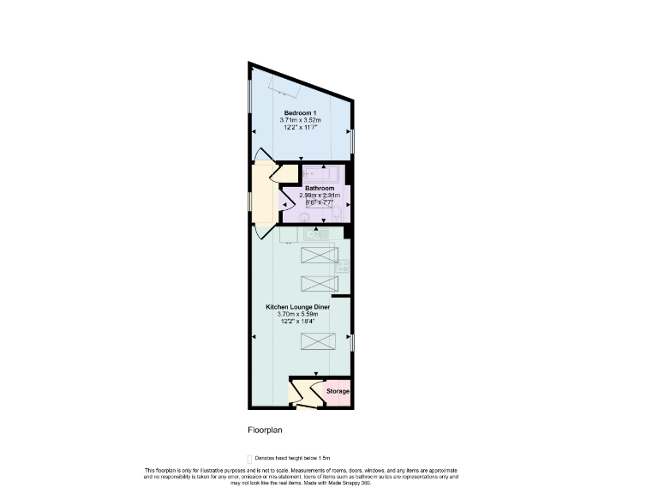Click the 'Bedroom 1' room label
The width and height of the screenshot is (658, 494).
(300, 113)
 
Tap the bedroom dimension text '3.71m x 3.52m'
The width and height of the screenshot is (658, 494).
(300, 120)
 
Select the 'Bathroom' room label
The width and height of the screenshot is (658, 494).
(319, 189)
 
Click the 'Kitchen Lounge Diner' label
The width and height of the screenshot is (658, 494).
(297, 307)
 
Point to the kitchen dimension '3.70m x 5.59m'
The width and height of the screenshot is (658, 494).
(297, 314)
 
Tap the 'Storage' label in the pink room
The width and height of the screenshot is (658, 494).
(338, 392)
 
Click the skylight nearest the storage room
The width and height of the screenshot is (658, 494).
(316, 343)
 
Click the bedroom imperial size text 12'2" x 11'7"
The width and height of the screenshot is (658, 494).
(300, 127)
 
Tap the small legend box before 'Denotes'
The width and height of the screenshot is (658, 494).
(249, 460)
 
